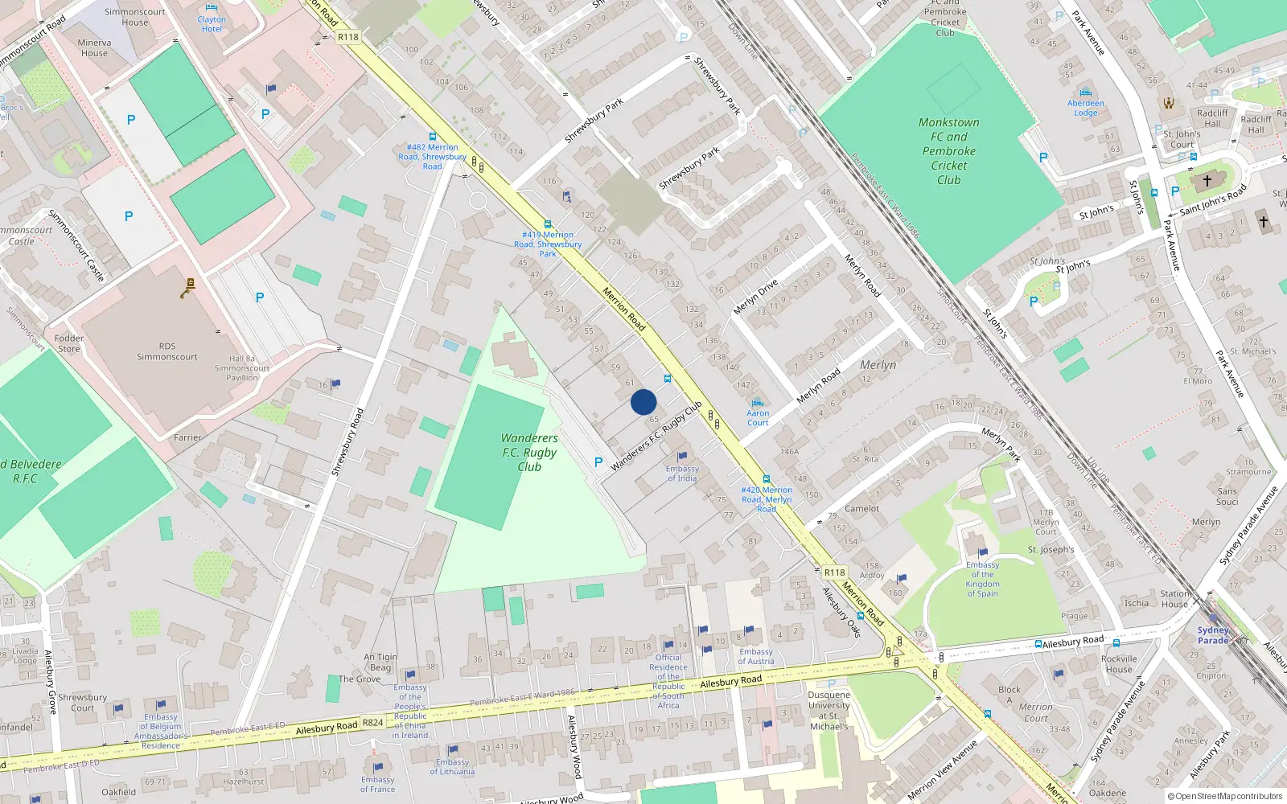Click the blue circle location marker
pyautogui.click(x=643, y=402)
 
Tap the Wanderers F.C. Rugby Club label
pyautogui.click(x=529, y=453)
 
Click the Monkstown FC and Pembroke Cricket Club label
pyautogui.click(x=949, y=151)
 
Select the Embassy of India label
pyautogui.click(x=682, y=474)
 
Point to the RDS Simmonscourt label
pyautogui.click(x=167, y=351)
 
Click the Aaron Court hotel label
pyautogui.click(x=758, y=417)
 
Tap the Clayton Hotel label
pyautogui.click(x=212, y=24)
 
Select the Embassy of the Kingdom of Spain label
pyautogui.click(x=982, y=579)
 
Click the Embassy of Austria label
pyautogui.click(x=756, y=657)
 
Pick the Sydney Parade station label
pyautogui.click(x=1213, y=635)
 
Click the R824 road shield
pyautogui.click(x=372, y=723)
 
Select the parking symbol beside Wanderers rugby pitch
pyautogui.click(x=598, y=462)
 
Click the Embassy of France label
pyautogui.click(x=377, y=784)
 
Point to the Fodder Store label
pyautogui.click(x=69, y=343)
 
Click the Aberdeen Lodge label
pyautogui.click(x=1086, y=108)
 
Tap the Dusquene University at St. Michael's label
pyautogui.click(x=829, y=710)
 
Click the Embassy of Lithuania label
pyautogui.click(x=452, y=767)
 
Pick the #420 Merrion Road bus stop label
pyautogui.click(x=767, y=498)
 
